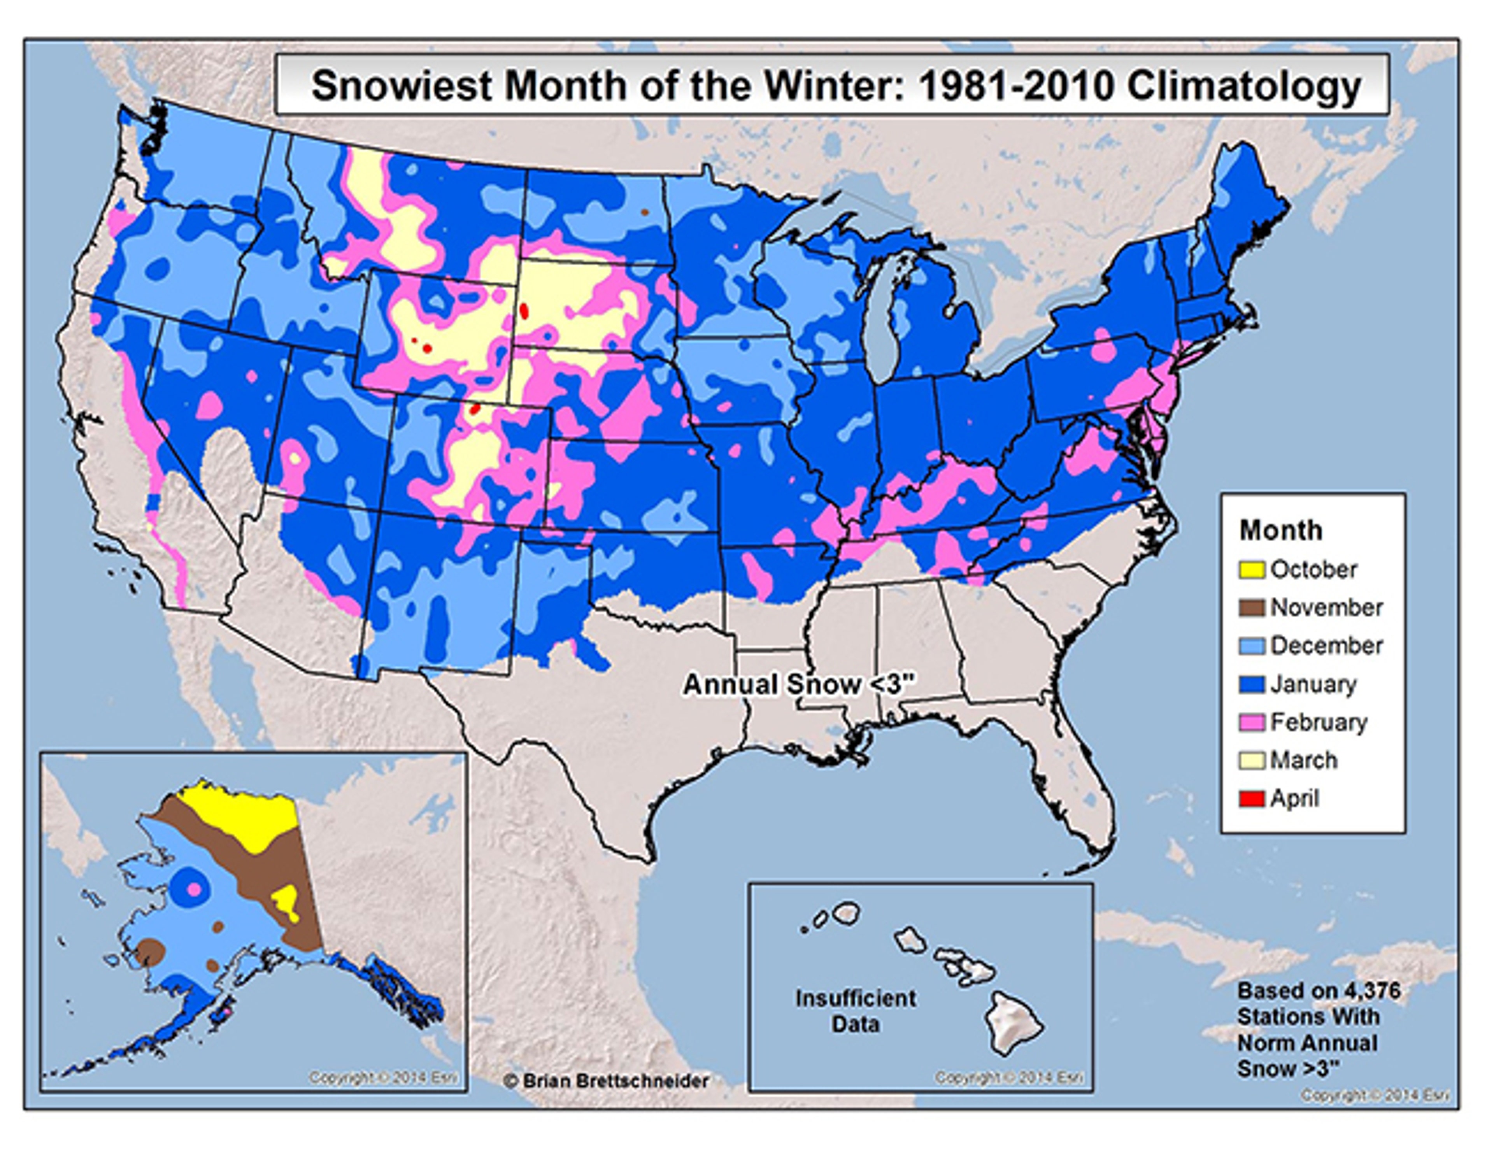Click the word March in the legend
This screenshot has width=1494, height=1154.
[1303, 760]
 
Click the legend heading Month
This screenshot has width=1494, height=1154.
[1280, 531]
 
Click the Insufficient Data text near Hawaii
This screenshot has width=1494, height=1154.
[855, 1011]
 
